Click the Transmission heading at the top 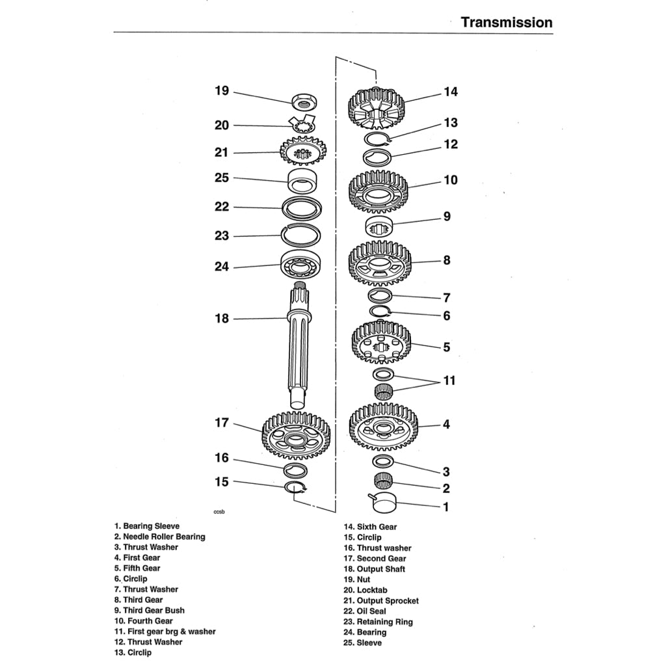tap(506, 22)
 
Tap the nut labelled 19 tap(304, 101)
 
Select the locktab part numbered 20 tap(302, 125)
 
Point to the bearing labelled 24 tap(302, 265)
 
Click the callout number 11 tap(449, 380)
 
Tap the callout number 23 tap(222, 236)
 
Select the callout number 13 tap(451, 123)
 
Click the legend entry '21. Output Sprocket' tap(381, 601)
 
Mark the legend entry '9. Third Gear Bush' tap(149, 611)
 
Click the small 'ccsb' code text tap(219, 513)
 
